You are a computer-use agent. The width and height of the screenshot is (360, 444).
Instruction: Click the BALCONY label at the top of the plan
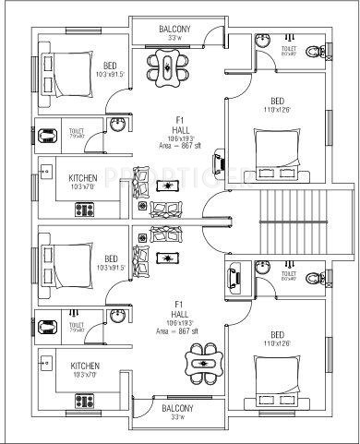pos(175,30)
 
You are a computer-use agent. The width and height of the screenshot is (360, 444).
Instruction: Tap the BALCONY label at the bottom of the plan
pos(177,407)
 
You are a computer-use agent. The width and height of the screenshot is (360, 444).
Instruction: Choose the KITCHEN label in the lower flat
pos(86,366)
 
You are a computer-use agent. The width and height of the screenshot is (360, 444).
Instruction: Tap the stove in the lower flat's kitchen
pos(85,402)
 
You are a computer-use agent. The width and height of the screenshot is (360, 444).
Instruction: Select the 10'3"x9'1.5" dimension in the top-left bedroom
pos(110,76)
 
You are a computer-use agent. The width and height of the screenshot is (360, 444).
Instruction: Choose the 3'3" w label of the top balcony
pos(176,41)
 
